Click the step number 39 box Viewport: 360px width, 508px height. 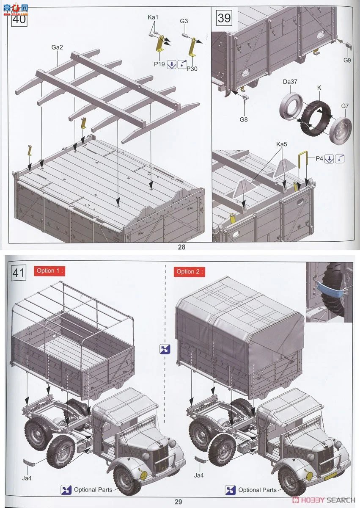[x=224, y=18]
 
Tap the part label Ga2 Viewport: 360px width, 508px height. [x=57, y=47]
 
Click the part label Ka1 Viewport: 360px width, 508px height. [x=153, y=17]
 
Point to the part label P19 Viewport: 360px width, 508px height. [x=159, y=64]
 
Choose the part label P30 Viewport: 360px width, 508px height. [x=192, y=69]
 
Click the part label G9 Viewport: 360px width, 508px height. [x=347, y=60]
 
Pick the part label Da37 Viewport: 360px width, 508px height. [x=290, y=82]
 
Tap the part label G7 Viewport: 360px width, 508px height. [x=345, y=106]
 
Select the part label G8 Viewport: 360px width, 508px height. [x=244, y=119]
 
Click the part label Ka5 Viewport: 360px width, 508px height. [x=282, y=144]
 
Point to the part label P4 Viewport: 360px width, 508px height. [x=319, y=159]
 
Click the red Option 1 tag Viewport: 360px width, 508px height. [x=49, y=271]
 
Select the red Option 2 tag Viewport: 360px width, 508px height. [x=190, y=272]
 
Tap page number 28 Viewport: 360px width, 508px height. [x=181, y=247]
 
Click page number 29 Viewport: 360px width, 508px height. [x=178, y=502]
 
